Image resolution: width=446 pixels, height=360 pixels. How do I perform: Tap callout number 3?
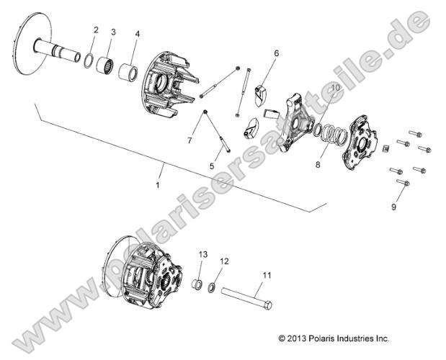[113, 32]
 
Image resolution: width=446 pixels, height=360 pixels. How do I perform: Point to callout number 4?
[138, 34]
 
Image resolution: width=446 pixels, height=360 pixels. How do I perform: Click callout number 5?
[211, 166]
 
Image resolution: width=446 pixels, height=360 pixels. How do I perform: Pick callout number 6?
[276, 53]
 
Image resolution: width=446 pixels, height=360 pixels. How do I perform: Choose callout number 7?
[189, 140]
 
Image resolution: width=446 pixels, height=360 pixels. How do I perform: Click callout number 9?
[393, 207]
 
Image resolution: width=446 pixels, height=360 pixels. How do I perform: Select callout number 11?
[267, 275]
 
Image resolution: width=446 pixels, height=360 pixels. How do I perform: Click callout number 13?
[202, 255]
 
